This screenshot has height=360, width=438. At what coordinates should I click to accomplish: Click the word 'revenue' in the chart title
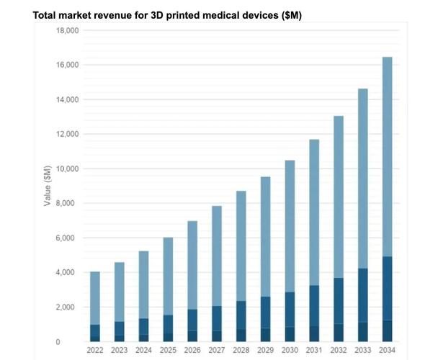[104, 16]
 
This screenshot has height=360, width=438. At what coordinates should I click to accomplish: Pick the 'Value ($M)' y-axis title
[48, 186]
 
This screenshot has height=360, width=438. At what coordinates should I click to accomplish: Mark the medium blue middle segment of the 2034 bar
[388, 288]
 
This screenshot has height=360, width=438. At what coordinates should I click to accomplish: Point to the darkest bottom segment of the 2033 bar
[363, 331]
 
